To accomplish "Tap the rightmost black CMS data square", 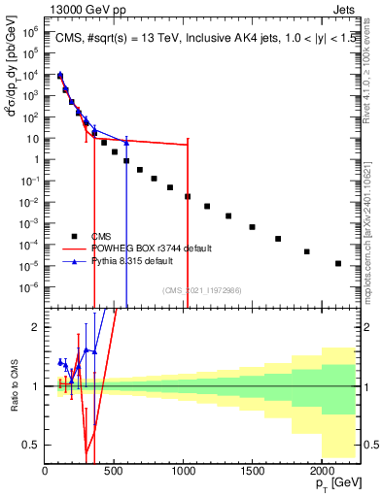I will point(338,263).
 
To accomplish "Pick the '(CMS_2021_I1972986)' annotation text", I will point(200,290).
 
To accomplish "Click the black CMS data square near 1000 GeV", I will point(188,196).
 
